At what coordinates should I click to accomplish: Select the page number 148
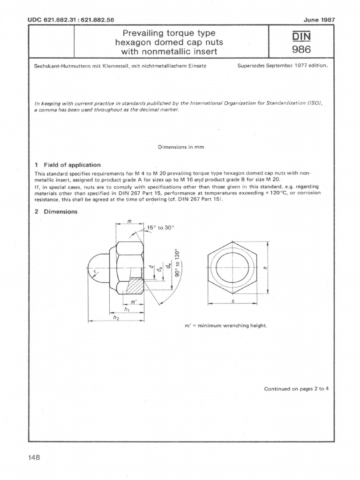(x=34, y=457)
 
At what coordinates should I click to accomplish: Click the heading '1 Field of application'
(x=67, y=165)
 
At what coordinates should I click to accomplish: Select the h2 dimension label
(x=116, y=318)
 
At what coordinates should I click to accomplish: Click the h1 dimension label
(x=127, y=309)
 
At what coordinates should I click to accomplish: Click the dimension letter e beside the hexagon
(x=265, y=268)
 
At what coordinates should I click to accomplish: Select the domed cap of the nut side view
(x=98, y=268)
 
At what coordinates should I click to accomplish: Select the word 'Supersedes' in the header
(x=252, y=66)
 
